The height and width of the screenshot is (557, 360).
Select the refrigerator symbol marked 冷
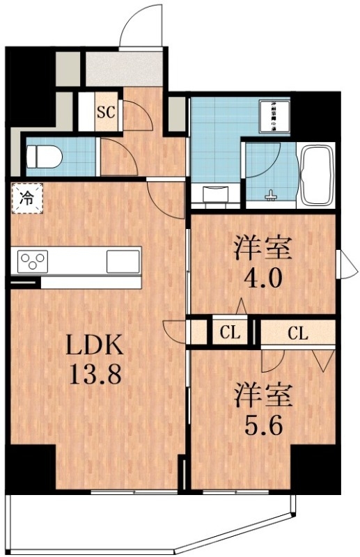[x=26, y=197]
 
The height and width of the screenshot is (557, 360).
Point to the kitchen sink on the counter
[x=123, y=262]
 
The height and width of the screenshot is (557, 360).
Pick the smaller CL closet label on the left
[x=230, y=333]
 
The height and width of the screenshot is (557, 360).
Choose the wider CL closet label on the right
[x=297, y=333]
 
